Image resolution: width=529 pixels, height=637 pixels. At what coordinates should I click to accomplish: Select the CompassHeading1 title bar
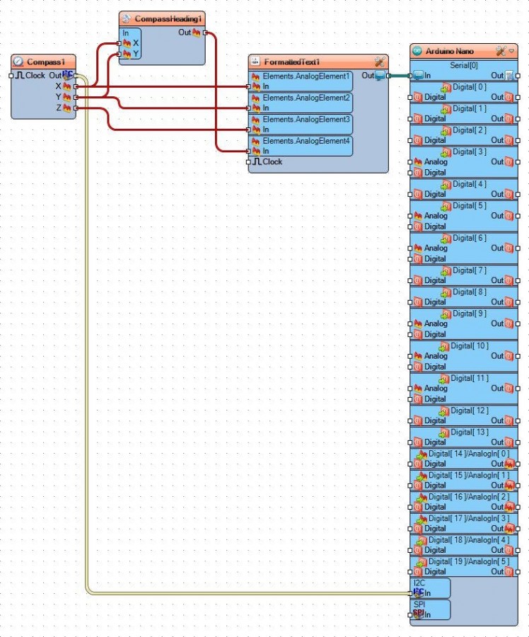pos(168,18)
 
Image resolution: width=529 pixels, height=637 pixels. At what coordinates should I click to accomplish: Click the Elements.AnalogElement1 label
pos(306,76)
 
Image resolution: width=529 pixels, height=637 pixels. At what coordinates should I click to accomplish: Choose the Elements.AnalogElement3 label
pos(306,120)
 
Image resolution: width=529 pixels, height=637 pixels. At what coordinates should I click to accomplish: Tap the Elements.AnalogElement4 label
pos(306,141)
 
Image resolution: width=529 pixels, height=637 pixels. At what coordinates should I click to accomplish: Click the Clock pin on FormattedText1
pos(272,161)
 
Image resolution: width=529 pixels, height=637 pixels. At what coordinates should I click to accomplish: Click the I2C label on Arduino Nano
pos(419,583)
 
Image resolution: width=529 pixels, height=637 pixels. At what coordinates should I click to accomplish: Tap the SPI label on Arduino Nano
pos(419,605)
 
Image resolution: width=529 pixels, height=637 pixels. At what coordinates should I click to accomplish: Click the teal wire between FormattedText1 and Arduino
pos(399,76)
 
